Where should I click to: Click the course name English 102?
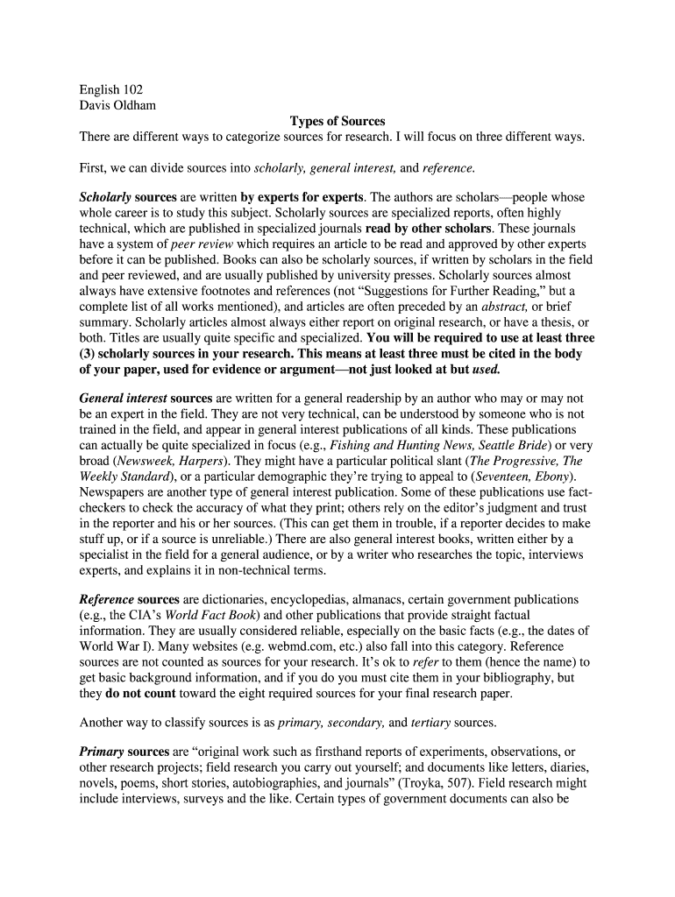click(110, 89)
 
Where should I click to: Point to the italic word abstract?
click(501, 307)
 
